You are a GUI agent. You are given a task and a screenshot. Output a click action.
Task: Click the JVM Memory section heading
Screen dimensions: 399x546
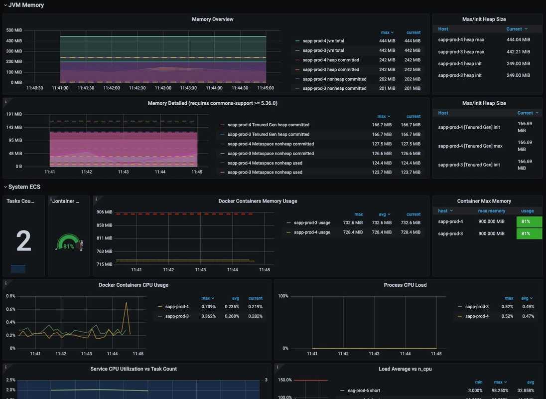click(x=26, y=5)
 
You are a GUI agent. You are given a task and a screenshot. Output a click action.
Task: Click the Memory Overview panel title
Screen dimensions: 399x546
click(x=213, y=19)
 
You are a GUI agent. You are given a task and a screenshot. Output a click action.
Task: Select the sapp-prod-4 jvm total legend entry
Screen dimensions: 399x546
click(x=323, y=41)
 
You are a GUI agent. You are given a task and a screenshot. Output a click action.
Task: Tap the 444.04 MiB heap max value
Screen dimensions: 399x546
click(x=518, y=40)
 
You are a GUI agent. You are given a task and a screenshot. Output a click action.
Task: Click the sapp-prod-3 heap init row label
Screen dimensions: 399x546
click(x=460, y=75)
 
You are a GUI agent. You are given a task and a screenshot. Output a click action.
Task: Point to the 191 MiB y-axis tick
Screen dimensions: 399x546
click(x=14, y=114)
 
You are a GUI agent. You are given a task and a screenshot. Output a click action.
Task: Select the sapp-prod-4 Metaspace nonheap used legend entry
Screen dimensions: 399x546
click(x=265, y=163)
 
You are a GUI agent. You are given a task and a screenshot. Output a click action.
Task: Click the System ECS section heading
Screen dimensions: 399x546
click(x=24, y=187)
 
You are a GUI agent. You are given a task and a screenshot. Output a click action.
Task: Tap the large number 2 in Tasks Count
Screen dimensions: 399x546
click(x=23, y=241)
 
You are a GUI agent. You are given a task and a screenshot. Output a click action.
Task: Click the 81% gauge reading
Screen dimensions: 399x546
click(x=68, y=246)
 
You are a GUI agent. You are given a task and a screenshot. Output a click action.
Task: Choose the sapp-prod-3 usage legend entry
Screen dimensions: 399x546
click(x=312, y=223)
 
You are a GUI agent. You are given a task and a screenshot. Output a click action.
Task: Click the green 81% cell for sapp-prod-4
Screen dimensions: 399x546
click(x=529, y=222)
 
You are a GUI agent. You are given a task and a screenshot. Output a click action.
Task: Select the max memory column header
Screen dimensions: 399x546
click(x=492, y=211)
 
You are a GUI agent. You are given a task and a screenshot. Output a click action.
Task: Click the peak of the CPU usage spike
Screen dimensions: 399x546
click(x=126, y=302)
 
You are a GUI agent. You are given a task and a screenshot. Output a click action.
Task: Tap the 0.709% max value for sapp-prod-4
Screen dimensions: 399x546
click(x=208, y=307)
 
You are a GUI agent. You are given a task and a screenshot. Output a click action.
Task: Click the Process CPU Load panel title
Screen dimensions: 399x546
click(x=405, y=285)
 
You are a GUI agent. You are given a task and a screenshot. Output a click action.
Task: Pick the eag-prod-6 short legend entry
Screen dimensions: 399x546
click(x=364, y=391)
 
